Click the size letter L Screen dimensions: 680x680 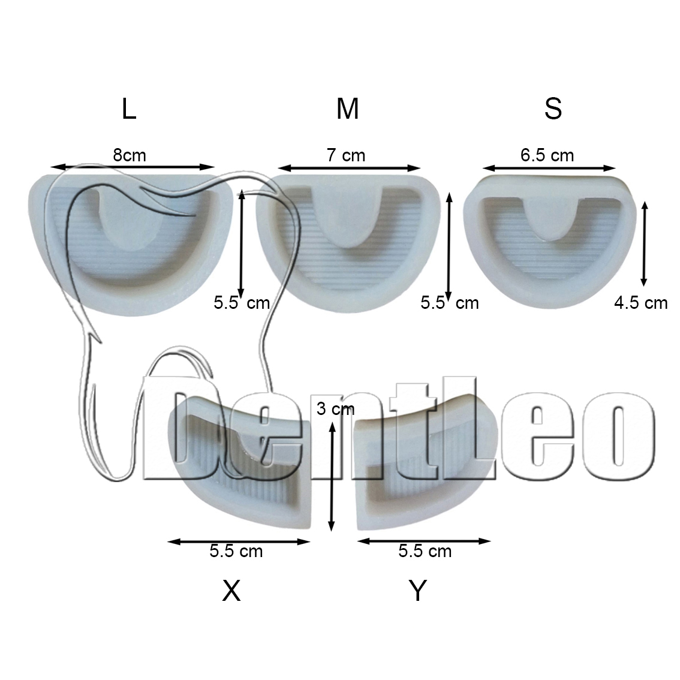pos(130,109)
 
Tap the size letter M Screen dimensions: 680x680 pos(347,109)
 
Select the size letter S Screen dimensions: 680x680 pos(553,109)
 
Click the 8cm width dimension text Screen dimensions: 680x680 pos(130,155)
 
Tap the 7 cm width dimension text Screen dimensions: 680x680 pos(346,155)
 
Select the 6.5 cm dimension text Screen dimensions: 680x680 pos(547,155)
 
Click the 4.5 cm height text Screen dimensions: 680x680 pos(641,303)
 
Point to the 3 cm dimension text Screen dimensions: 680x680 pos(335,408)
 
